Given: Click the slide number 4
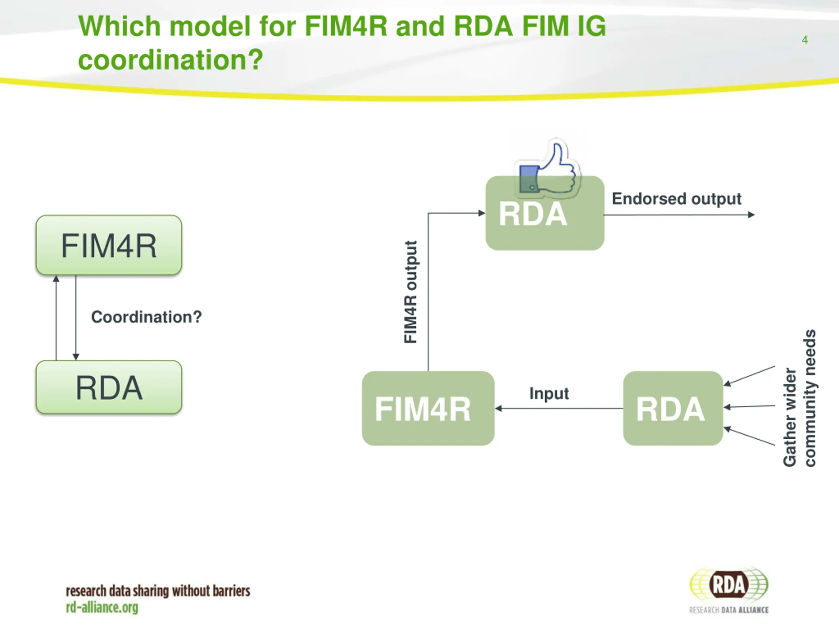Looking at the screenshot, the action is pyautogui.click(x=805, y=40).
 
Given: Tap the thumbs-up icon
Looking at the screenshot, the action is pyautogui.click(x=548, y=169).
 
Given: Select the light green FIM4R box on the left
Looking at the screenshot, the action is pyautogui.click(x=109, y=245).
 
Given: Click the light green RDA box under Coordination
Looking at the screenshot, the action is pyautogui.click(x=109, y=387).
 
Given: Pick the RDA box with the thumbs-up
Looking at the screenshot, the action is pyautogui.click(x=545, y=213).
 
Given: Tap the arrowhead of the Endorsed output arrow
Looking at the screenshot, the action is pyautogui.click(x=751, y=215).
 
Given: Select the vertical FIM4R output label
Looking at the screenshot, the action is pyautogui.click(x=411, y=292).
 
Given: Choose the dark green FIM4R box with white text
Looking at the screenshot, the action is pyautogui.click(x=428, y=408).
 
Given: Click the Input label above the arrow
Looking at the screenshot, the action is pyautogui.click(x=549, y=393).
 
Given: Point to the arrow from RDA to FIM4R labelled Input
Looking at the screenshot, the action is pyautogui.click(x=559, y=408).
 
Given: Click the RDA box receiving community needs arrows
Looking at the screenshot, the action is pyautogui.click(x=673, y=408).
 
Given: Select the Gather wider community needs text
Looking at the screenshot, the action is pyautogui.click(x=799, y=398).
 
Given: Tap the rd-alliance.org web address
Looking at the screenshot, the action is pyautogui.click(x=102, y=608).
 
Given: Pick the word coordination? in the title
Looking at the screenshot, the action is pyautogui.click(x=170, y=60).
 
